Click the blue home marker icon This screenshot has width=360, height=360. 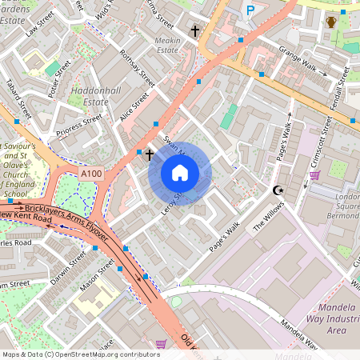(180, 173)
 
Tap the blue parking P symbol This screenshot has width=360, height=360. (250, 11)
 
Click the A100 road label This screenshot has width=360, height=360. (90, 174)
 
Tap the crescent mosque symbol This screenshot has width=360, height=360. (278, 190)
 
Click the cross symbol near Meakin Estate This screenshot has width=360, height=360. (194, 31)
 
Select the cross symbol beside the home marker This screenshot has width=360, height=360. (149, 153)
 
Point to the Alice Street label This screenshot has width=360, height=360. (134, 107)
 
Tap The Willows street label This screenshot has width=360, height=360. (269, 215)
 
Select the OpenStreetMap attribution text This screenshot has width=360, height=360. (81, 354)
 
